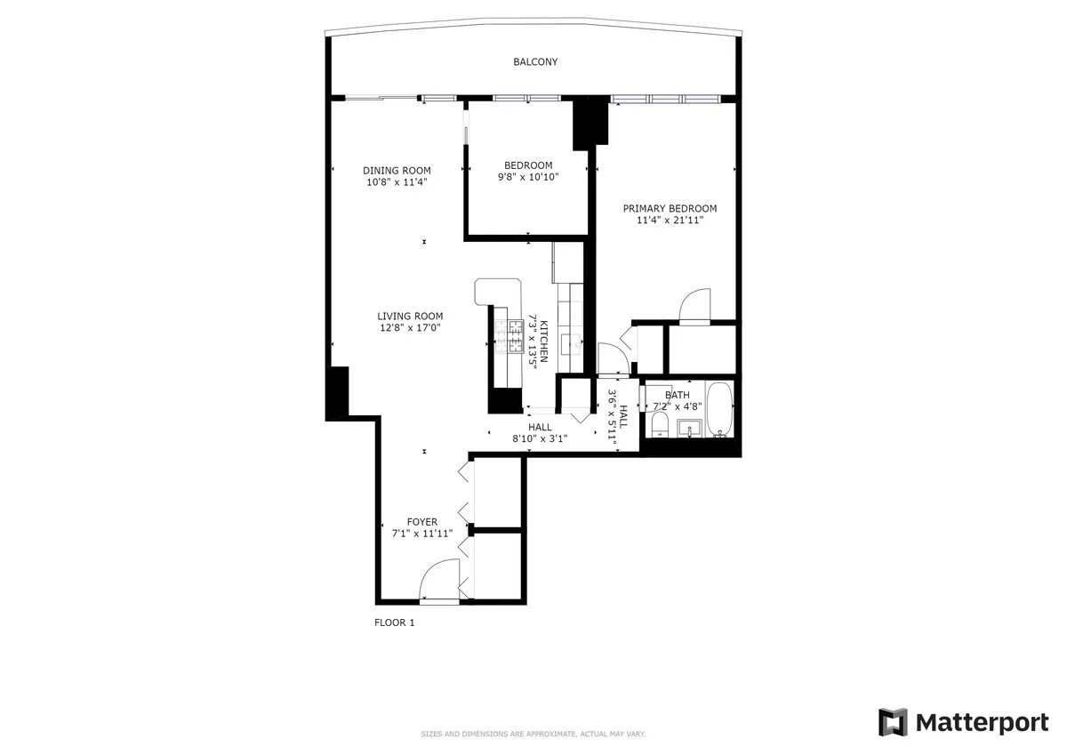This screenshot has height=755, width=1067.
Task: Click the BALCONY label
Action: pyautogui.click(x=535, y=62)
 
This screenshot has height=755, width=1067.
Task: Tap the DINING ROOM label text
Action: pyautogui.click(x=397, y=171)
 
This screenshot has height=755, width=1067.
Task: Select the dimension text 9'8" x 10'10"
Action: pyautogui.click(x=528, y=177)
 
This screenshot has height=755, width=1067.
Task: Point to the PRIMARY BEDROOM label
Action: pyautogui.click(x=670, y=209)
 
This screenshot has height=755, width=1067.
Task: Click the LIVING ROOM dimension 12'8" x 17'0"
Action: pyautogui.click(x=410, y=327)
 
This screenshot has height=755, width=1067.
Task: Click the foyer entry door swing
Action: pyautogui.click(x=439, y=580)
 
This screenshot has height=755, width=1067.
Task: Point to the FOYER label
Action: pyautogui.click(x=422, y=522)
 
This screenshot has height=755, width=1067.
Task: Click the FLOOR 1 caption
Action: pyautogui.click(x=394, y=622)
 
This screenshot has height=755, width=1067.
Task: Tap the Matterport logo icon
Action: pyautogui.click(x=894, y=722)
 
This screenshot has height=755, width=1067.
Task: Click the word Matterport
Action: pyautogui.click(x=982, y=722)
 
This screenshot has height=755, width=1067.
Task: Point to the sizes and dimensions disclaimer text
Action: pyautogui.click(x=533, y=734)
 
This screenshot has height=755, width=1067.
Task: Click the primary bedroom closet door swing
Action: pyautogui.click(x=695, y=304)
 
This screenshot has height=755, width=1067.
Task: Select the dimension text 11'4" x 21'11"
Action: pyautogui.click(x=670, y=221)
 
